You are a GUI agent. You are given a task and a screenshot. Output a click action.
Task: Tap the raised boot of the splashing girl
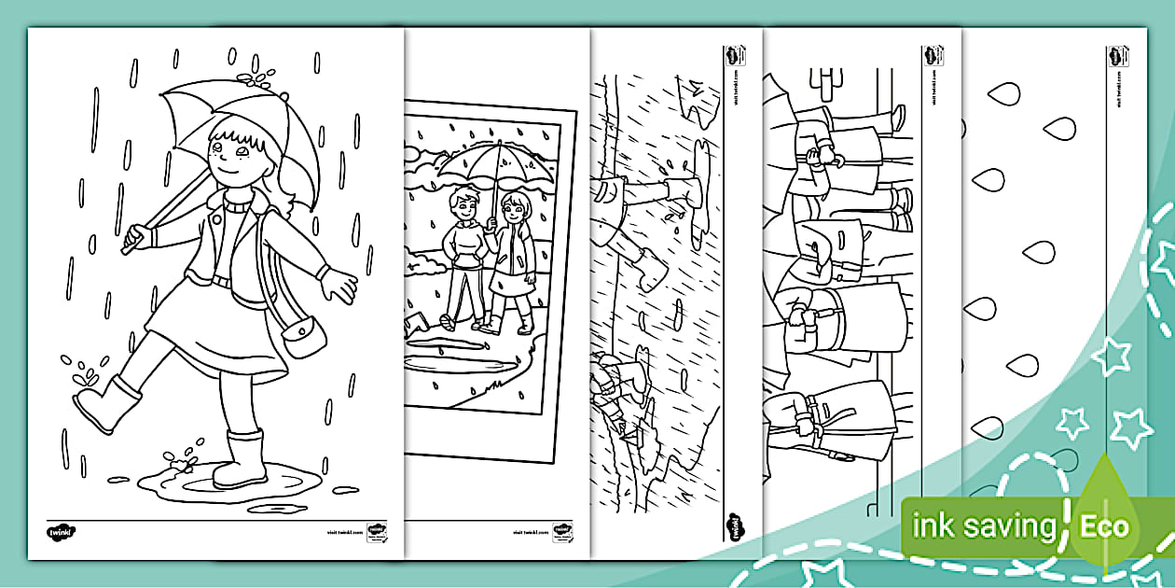[x=104, y=401]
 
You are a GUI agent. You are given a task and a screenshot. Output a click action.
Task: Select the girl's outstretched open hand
[x=338, y=280]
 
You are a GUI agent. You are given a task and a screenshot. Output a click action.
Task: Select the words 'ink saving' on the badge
[x=983, y=527]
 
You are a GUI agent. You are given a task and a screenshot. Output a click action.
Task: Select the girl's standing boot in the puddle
[x=241, y=460]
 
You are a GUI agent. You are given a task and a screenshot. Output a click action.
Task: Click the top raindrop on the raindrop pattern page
[x=1004, y=92]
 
